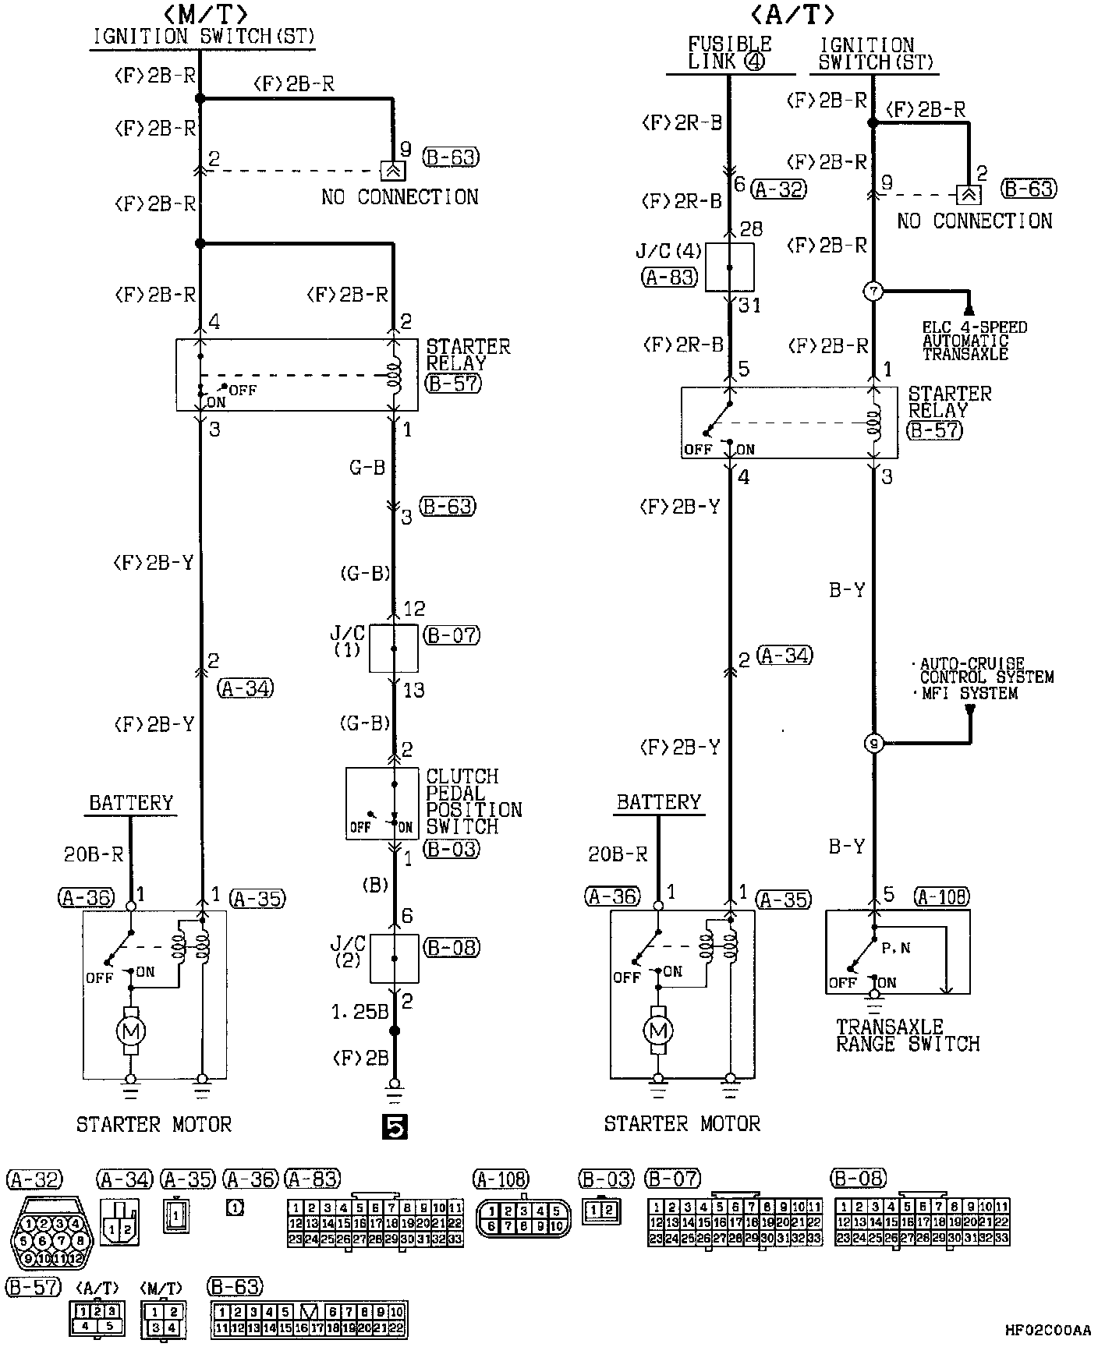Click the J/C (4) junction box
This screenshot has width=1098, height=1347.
point(729,267)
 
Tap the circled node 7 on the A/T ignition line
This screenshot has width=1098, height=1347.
point(873,292)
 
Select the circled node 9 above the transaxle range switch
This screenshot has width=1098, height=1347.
point(873,744)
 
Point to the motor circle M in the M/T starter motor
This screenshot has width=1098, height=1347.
point(130,1031)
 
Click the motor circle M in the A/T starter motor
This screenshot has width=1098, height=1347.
point(658,1031)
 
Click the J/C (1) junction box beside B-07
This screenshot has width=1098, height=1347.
point(393,648)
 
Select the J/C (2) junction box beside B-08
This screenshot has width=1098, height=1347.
point(394,958)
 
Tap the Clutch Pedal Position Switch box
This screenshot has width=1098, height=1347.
point(382,804)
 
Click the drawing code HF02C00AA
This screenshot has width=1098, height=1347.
point(1047,1331)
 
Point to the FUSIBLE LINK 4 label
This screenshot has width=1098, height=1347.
point(729,53)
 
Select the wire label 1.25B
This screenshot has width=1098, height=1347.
point(360,1013)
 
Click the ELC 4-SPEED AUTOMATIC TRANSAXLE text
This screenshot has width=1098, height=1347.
point(975,341)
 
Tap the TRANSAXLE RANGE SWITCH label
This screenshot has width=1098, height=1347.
point(908,1035)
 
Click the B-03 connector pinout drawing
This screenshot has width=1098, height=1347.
point(602,1210)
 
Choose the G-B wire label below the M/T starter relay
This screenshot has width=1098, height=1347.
point(367,468)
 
